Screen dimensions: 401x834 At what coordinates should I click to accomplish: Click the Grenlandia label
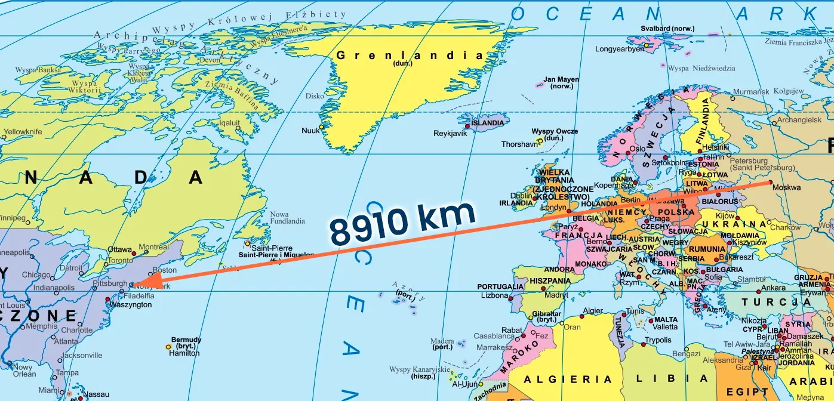(409, 55)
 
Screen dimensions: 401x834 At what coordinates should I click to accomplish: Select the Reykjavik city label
(450, 133)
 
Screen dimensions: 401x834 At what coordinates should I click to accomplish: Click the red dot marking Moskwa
(770, 183)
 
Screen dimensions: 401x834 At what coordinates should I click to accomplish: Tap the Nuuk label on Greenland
(310, 130)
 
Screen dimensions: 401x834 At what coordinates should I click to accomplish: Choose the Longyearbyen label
(620, 49)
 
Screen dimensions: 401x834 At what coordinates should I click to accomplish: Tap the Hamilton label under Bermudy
(184, 353)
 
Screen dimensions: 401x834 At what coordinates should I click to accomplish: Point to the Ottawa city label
(119, 249)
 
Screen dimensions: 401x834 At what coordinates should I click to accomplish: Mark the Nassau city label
(96, 394)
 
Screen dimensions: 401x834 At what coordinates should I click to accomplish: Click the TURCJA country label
(777, 303)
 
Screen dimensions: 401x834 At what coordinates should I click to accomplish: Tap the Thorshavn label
(519, 144)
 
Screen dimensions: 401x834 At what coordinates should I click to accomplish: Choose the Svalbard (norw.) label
(667, 28)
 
